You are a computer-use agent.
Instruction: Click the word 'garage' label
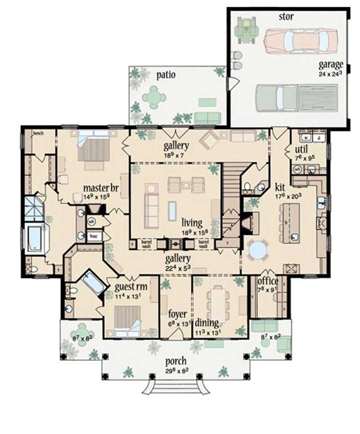coord(332,64)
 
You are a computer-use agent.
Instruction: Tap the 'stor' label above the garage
coord(287,17)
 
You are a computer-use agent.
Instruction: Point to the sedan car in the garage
coord(300,40)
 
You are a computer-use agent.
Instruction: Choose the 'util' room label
coord(301,149)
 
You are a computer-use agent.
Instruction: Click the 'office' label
coord(268,282)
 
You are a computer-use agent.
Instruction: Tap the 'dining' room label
coord(207,323)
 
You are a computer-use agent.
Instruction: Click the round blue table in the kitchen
coord(257,250)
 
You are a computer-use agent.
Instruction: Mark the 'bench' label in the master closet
coord(37,134)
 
